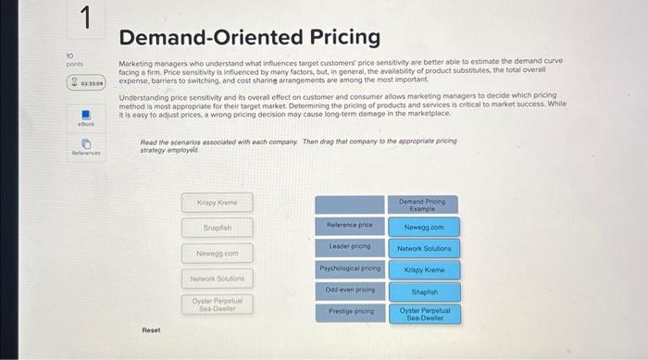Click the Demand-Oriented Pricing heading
pyautogui.click(x=249, y=37)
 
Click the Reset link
pyautogui.click(x=151, y=329)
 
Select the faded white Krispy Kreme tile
pyautogui.click(x=218, y=201)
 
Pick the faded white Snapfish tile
pyautogui.click(x=218, y=227)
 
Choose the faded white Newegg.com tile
pyautogui.click(x=218, y=253)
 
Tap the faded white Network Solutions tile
pyautogui.click(x=218, y=278)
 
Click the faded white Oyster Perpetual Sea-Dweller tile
pyautogui.click(x=218, y=304)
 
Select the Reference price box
pyautogui.click(x=349, y=225)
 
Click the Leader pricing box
pyautogui.click(x=349, y=246)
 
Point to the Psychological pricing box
pyautogui.click(x=349, y=268)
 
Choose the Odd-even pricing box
pyautogui.click(x=349, y=291)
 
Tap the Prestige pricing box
pyautogui.click(x=349, y=312)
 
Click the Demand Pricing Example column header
pyautogui.click(x=423, y=204)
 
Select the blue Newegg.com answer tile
pyautogui.click(x=424, y=227)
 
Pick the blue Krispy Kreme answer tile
pyautogui.click(x=424, y=270)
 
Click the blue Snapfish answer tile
pyautogui.click(x=424, y=292)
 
